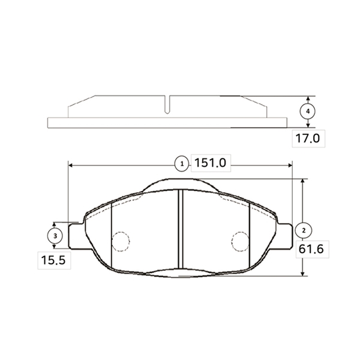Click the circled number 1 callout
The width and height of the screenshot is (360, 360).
point(182,164)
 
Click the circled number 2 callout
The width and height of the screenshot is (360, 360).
point(304,230)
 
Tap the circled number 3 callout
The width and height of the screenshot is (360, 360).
point(55,236)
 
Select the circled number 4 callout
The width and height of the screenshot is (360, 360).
point(308,112)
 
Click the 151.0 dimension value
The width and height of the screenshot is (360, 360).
point(211,163)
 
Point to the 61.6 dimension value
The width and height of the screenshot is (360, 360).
point(311,249)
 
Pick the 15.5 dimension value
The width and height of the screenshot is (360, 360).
point(53,260)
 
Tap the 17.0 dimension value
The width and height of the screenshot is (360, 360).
point(307,139)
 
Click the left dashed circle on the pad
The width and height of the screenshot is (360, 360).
point(121,242)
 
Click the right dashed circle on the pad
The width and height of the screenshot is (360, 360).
point(241,242)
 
